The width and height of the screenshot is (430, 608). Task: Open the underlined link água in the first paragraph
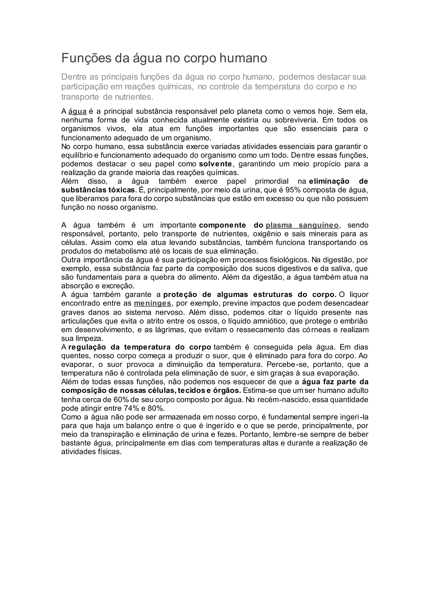(x=77, y=111)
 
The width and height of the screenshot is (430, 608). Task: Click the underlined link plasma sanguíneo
(x=302, y=225)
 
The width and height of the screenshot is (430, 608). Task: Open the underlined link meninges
(x=152, y=303)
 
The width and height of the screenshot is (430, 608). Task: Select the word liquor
(x=359, y=295)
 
